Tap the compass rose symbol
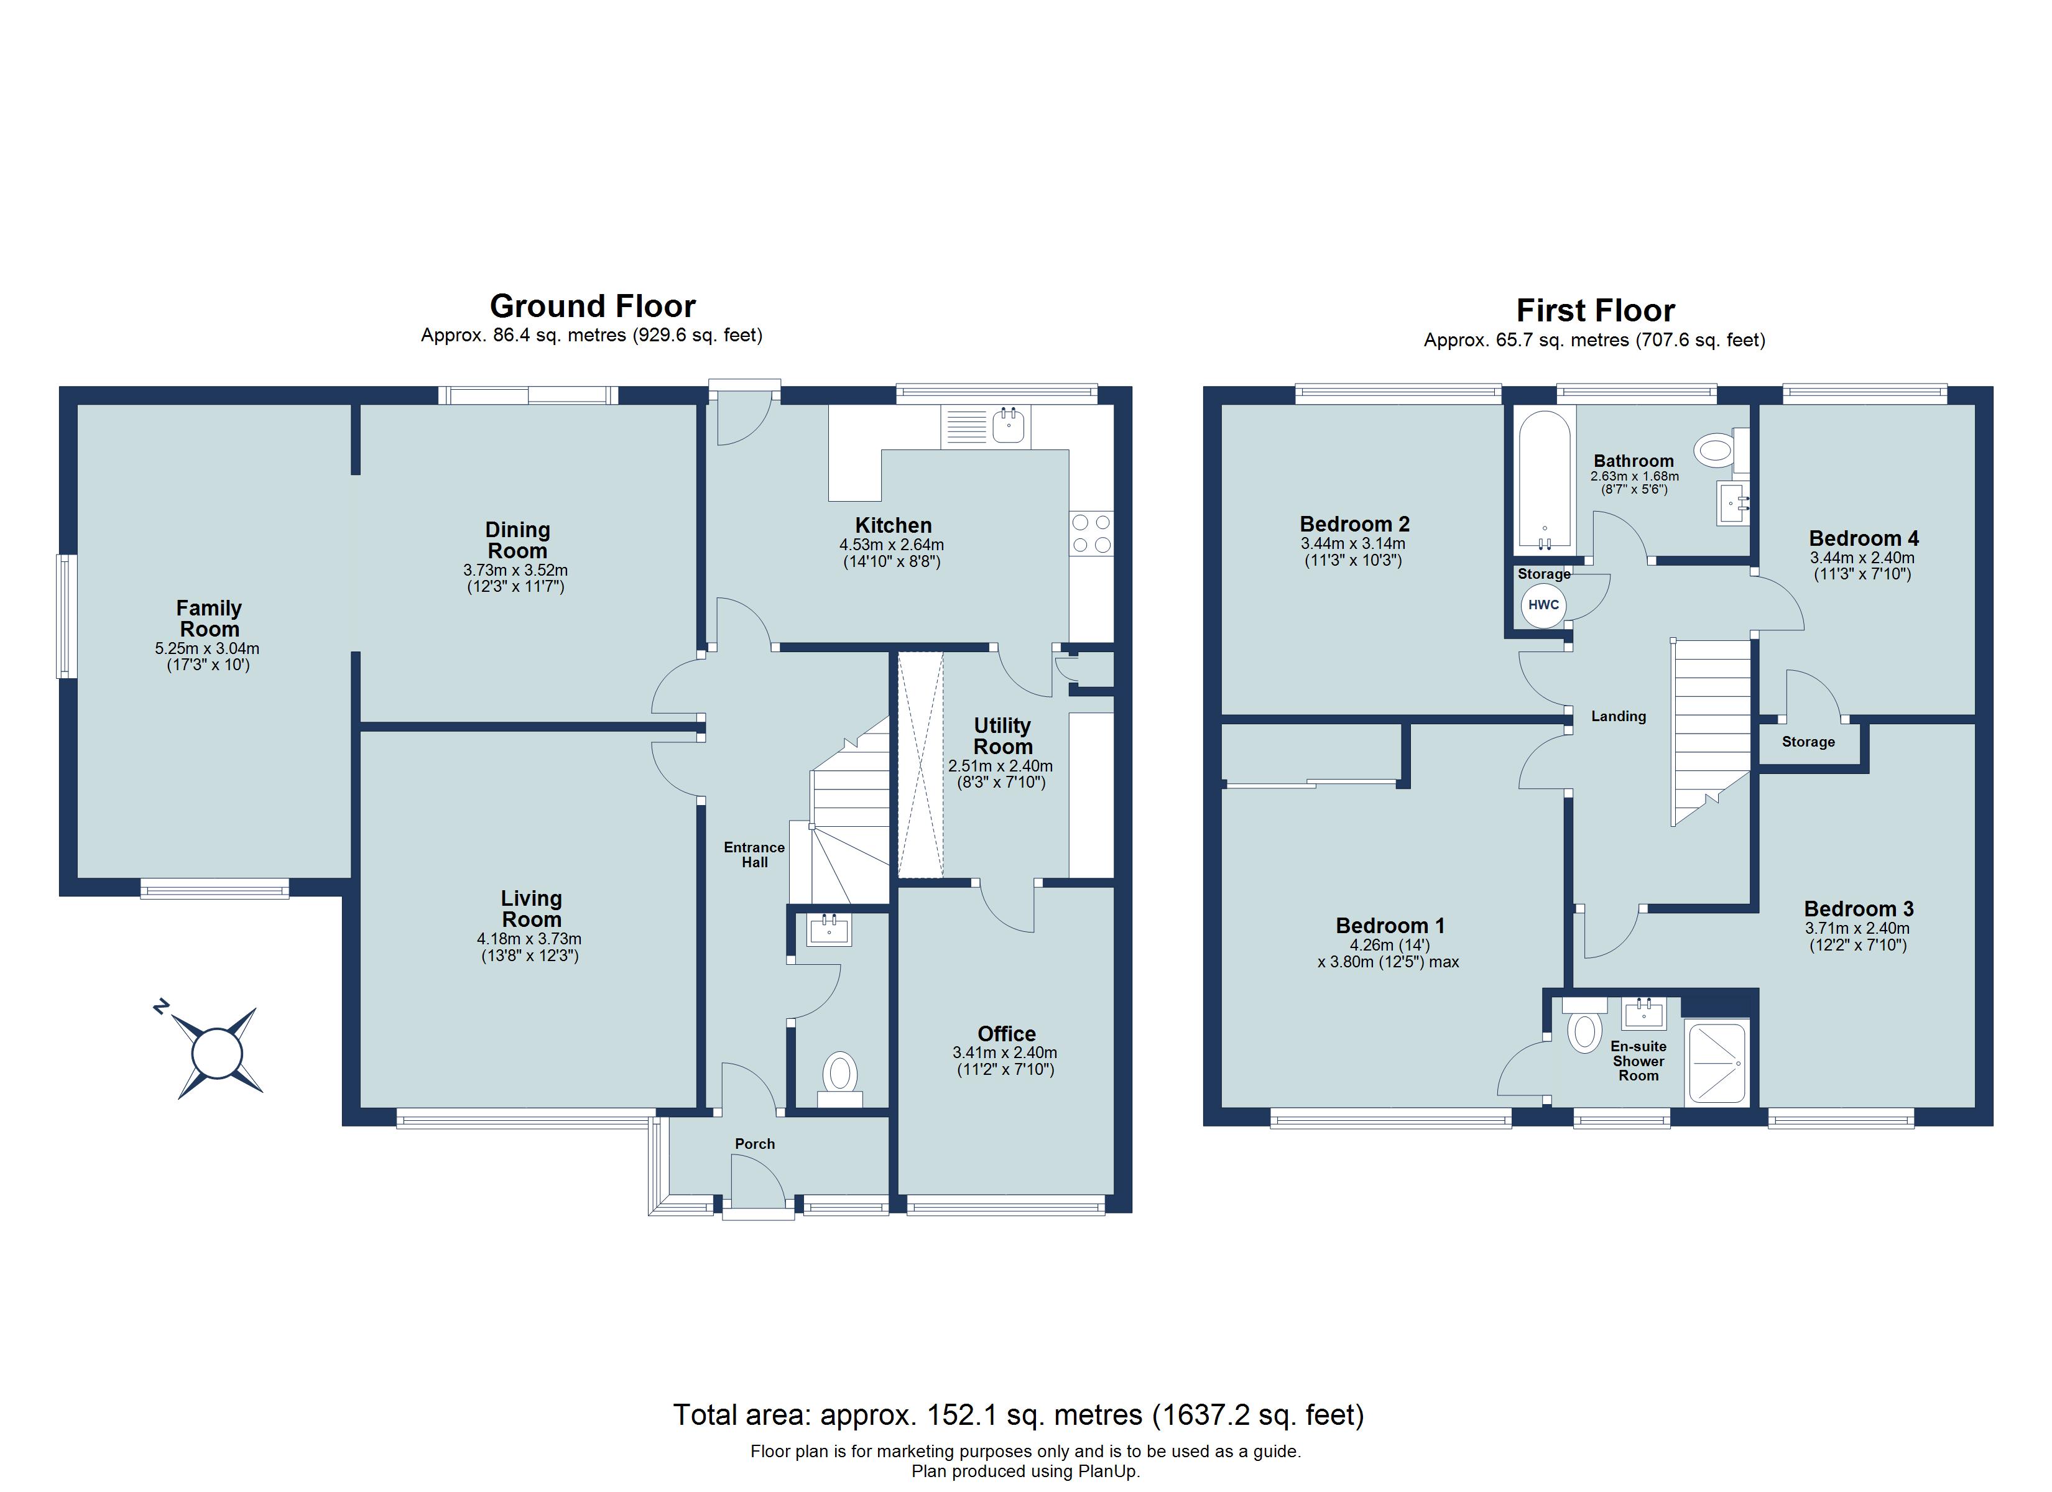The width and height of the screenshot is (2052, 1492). point(217,1053)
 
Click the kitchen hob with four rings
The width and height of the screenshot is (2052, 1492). point(1091,533)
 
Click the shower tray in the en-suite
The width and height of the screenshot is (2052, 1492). point(1716,1063)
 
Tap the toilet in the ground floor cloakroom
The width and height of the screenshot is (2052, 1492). point(841,1075)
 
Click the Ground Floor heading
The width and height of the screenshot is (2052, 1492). point(593,306)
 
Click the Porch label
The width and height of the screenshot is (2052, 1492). point(754,1144)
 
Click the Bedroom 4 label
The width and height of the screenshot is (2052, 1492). point(1864,538)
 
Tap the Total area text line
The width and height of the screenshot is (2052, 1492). point(1018,1414)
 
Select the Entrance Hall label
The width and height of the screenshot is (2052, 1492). point(754,855)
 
